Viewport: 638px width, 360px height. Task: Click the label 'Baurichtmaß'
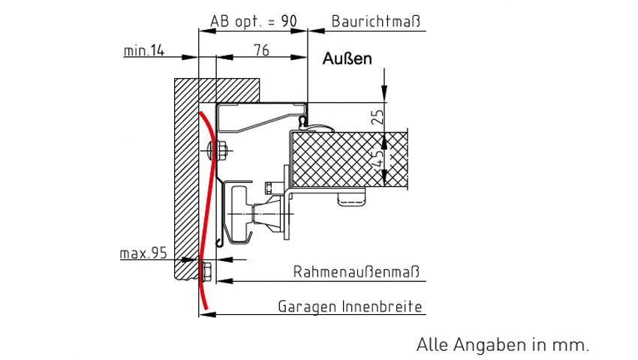(x=375, y=21)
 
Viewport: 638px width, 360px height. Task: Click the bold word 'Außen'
(x=347, y=59)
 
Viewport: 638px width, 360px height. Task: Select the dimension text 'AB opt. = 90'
(x=253, y=21)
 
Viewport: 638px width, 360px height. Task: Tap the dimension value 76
(x=261, y=50)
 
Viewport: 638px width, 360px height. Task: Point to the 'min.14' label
(x=144, y=51)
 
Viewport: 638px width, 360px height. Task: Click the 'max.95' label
(x=143, y=253)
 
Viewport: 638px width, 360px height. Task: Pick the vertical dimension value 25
(x=378, y=116)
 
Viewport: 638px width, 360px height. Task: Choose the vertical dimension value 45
(x=378, y=158)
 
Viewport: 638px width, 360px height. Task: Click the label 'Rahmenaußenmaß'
(x=356, y=271)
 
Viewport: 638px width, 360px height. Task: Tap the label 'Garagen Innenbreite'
(x=351, y=307)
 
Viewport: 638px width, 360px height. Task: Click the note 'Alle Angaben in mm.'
(x=503, y=344)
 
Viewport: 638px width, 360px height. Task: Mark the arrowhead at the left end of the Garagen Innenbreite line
(x=207, y=312)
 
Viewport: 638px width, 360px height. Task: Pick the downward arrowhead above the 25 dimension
(x=384, y=93)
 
